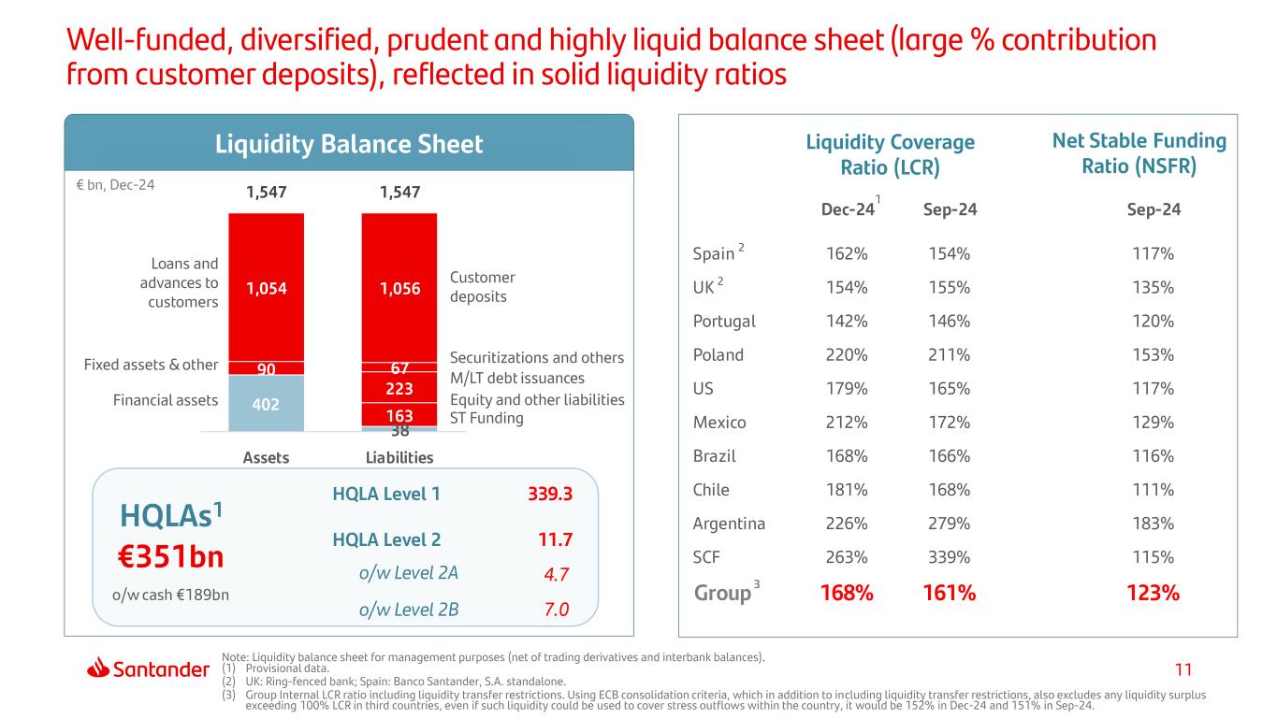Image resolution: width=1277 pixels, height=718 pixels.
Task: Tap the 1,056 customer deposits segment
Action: (399, 290)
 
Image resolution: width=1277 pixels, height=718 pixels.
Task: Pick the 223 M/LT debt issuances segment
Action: (399, 387)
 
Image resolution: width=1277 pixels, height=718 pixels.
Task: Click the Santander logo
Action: (148, 668)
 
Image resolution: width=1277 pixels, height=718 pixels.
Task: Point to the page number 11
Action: (1183, 669)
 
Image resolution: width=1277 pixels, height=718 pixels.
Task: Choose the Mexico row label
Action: (719, 423)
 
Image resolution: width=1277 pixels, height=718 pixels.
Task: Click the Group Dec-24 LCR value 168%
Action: (847, 593)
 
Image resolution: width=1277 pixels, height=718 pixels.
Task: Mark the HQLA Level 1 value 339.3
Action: (549, 495)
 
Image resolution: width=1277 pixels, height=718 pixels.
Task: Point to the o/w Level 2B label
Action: (409, 610)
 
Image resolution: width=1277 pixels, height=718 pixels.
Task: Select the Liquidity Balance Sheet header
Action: (349, 144)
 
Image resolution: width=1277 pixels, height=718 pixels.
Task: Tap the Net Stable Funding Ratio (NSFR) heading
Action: (1139, 154)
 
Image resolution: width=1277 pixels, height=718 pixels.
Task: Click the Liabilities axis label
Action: (399, 457)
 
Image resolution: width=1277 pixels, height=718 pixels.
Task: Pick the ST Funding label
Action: (486, 418)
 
